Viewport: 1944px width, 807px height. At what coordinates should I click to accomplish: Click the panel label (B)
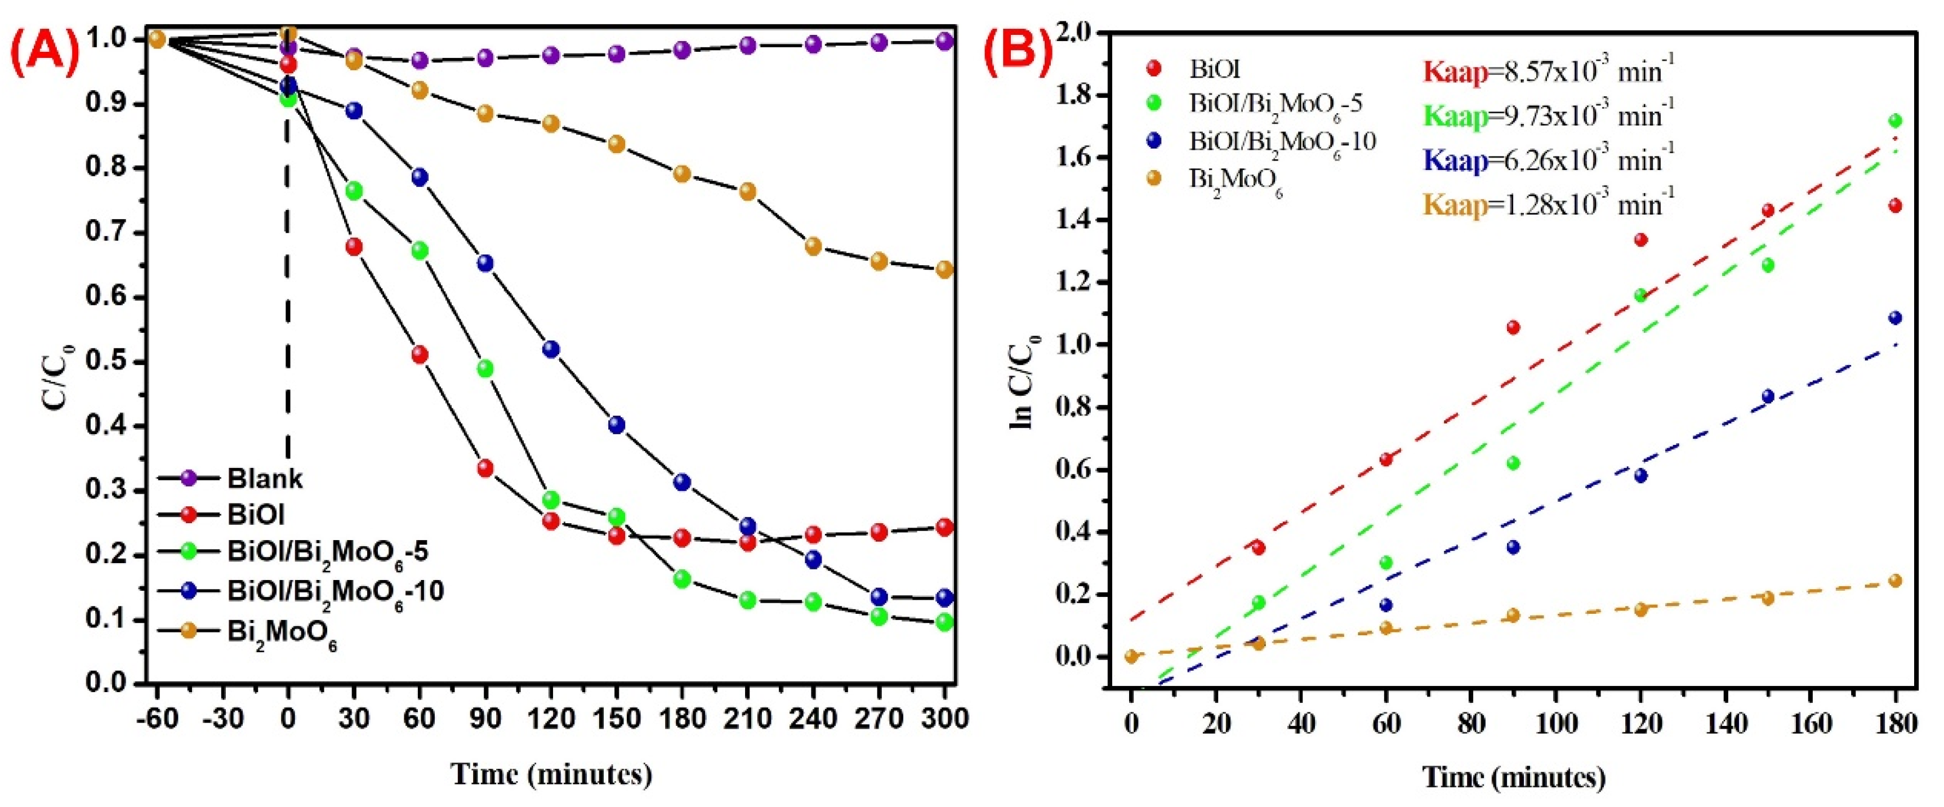(1018, 53)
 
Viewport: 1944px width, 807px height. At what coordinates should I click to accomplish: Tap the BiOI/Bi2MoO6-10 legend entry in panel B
(1282, 142)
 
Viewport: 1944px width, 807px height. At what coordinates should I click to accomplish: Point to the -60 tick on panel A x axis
(157, 718)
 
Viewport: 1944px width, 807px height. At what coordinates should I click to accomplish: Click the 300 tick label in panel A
(944, 718)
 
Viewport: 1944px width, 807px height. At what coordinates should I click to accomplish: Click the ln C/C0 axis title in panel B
(1023, 382)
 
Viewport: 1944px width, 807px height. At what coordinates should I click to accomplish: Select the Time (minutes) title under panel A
(551, 774)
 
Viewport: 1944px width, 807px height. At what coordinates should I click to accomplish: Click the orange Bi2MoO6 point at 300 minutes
(944, 270)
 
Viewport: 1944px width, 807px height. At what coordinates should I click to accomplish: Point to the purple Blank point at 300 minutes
(944, 41)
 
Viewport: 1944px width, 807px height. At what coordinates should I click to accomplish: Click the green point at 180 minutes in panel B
(1894, 121)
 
